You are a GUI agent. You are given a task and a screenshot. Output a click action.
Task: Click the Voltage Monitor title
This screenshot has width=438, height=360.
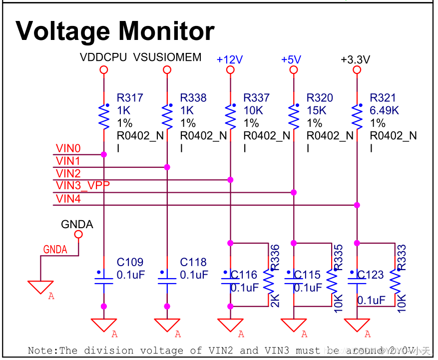pyautogui.click(x=115, y=31)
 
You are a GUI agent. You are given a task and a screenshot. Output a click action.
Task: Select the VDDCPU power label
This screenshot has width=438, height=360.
pyautogui.click(x=103, y=57)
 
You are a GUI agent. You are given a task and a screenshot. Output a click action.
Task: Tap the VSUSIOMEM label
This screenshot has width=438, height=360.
pyautogui.click(x=167, y=57)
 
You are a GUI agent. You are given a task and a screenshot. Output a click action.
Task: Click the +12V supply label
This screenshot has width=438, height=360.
pyautogui.click(x=230, y=60)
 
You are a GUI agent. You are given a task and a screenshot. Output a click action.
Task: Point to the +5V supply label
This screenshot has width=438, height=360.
pyautogui.click(x=291, y=60)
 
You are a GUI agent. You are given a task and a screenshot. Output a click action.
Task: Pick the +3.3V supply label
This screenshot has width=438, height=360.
pyautogui.click(x=355, y=60)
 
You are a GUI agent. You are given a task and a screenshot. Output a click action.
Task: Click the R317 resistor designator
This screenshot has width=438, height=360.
pyautogui.click(x=130, y=98)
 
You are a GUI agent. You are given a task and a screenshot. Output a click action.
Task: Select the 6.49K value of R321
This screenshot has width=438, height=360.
pyautogui.click(x=384, y=110)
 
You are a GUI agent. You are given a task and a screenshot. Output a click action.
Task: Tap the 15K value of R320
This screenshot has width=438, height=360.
pyautogui.click(x=316, y=110)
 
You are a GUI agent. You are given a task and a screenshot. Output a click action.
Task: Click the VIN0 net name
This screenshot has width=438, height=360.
pyautogui.click(x=68, y=148)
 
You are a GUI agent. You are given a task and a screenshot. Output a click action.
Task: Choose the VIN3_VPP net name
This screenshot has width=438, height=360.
pyautogui.click(x=83, y=186)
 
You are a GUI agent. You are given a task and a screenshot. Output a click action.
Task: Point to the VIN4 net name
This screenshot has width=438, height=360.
pyautogui.click(x=68, y=199)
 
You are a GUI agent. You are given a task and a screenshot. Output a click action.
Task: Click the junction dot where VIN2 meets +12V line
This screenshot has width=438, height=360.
pyautogui.click(x=230, y=179)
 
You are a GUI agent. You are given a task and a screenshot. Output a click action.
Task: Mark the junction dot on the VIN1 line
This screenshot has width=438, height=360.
pyautogui.click(x=167, y=167)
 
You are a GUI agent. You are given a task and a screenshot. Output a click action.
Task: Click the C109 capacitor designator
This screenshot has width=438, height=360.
pyautogui.click(x=130, y=262)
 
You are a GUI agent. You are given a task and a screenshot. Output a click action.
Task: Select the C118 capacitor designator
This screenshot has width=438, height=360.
pyautogui.click(x=193, y=262)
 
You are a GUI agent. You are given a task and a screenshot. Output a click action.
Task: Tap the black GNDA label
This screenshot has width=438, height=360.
pyautogui.click(x=77, y=224)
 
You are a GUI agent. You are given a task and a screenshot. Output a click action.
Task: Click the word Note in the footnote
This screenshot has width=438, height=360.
pyautogui.click(x=41, y=351)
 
